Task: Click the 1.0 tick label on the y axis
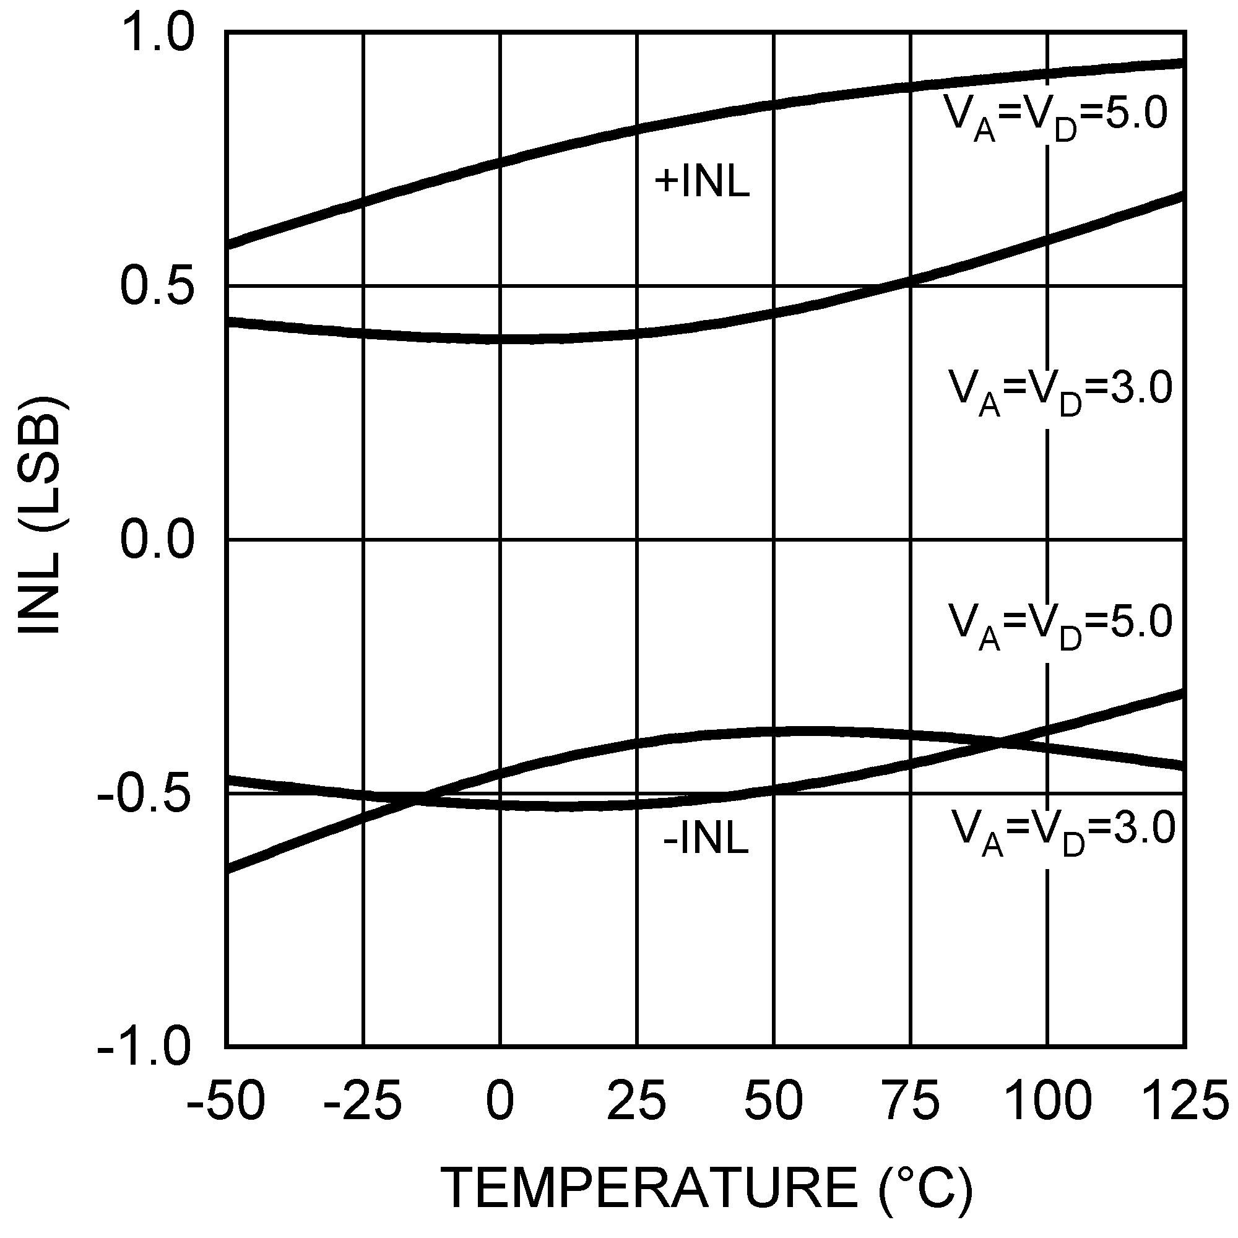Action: [158, 33]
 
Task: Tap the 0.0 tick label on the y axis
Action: [158, 540]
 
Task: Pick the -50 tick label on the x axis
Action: [225, 1101]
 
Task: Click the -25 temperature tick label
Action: [363, 1101]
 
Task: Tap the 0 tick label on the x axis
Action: [500, 1101]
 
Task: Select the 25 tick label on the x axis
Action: [637, 1101]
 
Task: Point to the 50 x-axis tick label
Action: [774, 1101]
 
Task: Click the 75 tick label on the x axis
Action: [911, 1101]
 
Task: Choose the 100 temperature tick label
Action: [1047, 1101]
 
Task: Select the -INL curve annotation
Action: [706, 839]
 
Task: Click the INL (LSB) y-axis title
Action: [41, 516]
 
